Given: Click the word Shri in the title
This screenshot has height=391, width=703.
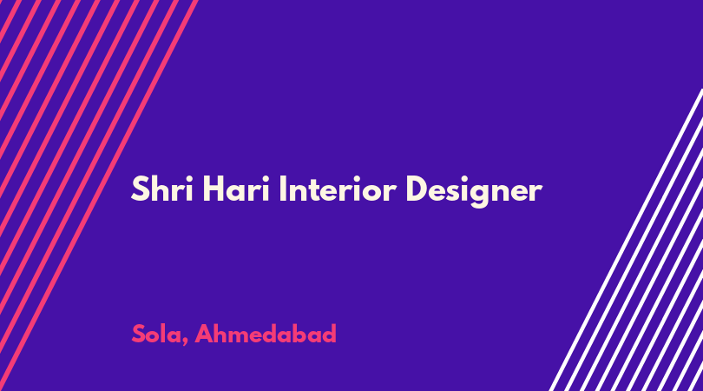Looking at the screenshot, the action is click(x=161, y=189).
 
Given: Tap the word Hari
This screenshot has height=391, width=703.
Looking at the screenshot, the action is click(x=236, y=189).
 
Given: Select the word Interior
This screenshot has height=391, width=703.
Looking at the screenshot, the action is click(x=338, y=189).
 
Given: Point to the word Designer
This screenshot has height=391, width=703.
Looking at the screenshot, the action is click(x=474, y=191).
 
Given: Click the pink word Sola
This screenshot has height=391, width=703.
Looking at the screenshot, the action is click(x=156, y=334).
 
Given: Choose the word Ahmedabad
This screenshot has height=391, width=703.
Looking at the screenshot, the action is click(x=266, y=334).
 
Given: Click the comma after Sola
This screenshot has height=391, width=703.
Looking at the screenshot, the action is click(x=185, y=342).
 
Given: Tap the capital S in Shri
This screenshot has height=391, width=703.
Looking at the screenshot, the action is click(x=140, y=189).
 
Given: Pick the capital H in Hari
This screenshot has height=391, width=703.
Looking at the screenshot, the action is click(x=214, y=189).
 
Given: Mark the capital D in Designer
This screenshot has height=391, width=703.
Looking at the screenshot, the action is click(x=417, y=189).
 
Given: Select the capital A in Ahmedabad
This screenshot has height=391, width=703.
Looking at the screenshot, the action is click(x=204, y=334).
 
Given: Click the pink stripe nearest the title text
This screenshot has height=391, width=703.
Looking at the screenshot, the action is click(x=97, y=195).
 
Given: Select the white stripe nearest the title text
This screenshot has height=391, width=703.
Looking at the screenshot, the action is click(x=626, y=240).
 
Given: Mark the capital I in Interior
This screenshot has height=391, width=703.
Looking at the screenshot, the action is click(x=282, y=189).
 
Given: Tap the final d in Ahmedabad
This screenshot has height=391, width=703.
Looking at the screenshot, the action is click(x=329, y=334).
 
